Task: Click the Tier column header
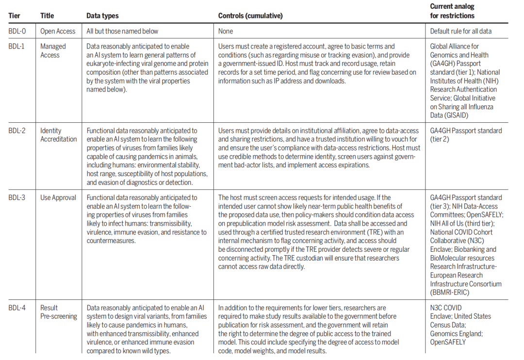tap(15, 16)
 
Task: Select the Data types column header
tap(102, 16)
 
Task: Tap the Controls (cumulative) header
tap(250, 16)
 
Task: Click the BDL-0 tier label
tap(17, 31)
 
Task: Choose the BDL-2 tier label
tap(17, 131)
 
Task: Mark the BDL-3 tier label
tap(17, 197)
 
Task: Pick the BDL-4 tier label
tap(17, 308)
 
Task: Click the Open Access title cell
tap(58, 31)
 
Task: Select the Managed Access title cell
tap(53, 50)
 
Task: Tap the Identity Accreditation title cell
tap(58, 135)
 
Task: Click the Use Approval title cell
tap(58, 197)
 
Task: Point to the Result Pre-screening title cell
tap(58, 312)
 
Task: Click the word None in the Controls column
tap(226, 31)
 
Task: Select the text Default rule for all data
tap(461, 31)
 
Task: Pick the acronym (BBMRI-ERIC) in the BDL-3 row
tap(450, 293)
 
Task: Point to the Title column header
tap(47, 16)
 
